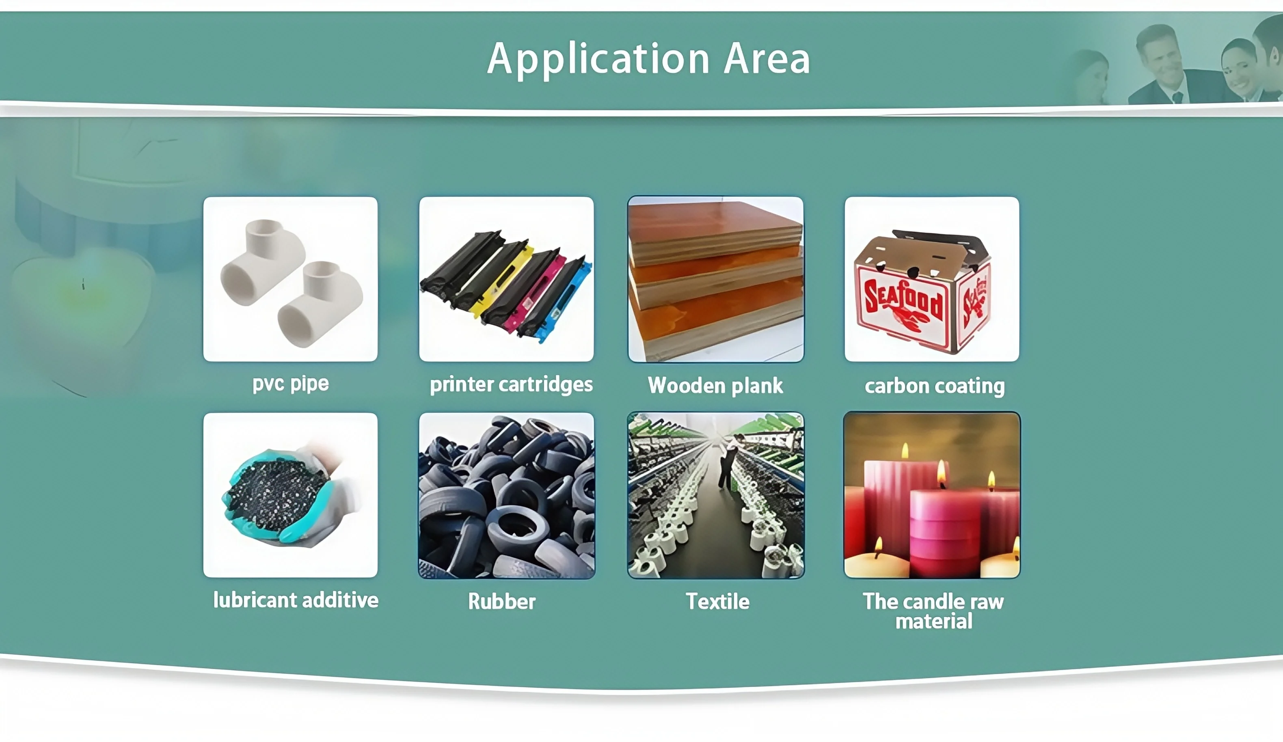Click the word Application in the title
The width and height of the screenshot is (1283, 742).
click(598, 59)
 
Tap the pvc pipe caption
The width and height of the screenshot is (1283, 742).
click(290, 383)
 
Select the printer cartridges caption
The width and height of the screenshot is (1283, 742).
click(511, 385)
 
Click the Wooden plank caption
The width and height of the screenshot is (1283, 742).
click(715, 386)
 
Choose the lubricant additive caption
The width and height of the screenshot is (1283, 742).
click(295, 600)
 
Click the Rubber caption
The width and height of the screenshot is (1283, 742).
click(501, 602)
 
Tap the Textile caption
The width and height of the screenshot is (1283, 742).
click(717, 602)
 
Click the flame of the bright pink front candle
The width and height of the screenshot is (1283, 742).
click(942, 473)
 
